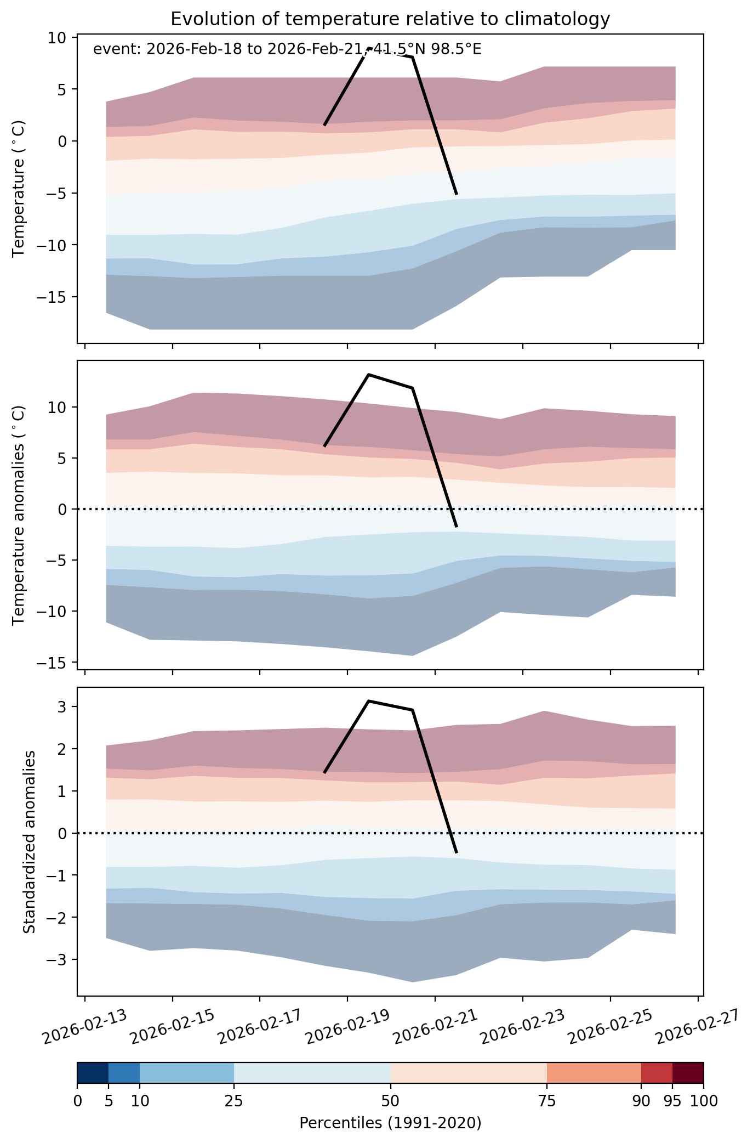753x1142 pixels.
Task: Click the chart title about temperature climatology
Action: (x=390, y=19)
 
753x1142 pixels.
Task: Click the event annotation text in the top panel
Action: (x=287, y=49)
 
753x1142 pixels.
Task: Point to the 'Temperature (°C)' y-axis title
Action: (x=19, y=189)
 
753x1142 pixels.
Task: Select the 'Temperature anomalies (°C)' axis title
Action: (x=19, y=515)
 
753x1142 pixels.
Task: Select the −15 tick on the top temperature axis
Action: (x=54, y=297)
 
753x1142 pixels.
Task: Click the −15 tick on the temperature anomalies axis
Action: (x=54, y=663)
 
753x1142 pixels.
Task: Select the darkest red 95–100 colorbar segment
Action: (x=688, y=1073)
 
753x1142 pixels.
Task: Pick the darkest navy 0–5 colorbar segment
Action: (x=93, y=1073)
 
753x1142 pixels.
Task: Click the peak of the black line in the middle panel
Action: (x=369, y=375)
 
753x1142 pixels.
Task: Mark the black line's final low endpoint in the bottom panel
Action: (x=457, y=853)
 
